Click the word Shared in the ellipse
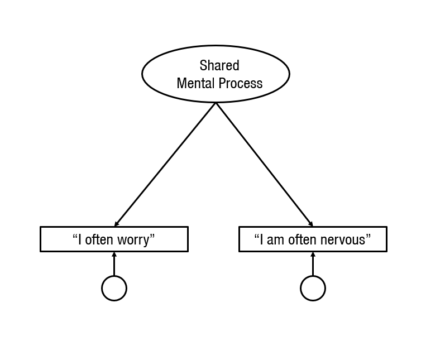pyautogui.click(x=219, y=66)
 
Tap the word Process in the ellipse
pyautogui.click(x=240, y=84)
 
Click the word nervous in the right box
pyautogui.click(x=346, y=240)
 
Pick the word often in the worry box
pyautogui.click(x=98, y=240)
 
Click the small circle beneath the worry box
pyautogui.click(x=114, y=289)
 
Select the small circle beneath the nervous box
pyautogui.click(x=313, y=289)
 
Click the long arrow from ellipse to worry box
pyautogui.click(x=165, y=165)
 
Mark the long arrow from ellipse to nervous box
pyautogui.click(x=264, y=165)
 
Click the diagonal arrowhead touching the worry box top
pyautogui.click(x=116, y=224)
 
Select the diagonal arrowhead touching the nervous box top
pyautogui.click(x=310, y=224)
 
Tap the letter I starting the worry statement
pyautogui.click(x=80, y=240)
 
